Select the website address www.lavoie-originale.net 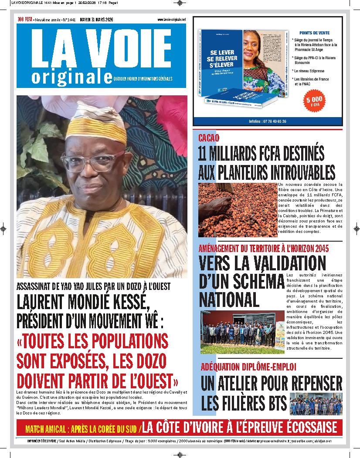(x=172, y=20)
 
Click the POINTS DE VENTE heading (x=314, y=33)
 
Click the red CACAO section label (x=209, y=138)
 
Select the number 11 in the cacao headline (x=205, y=154)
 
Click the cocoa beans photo (x=237, y=209)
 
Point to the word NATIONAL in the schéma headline (x=228, y=299)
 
